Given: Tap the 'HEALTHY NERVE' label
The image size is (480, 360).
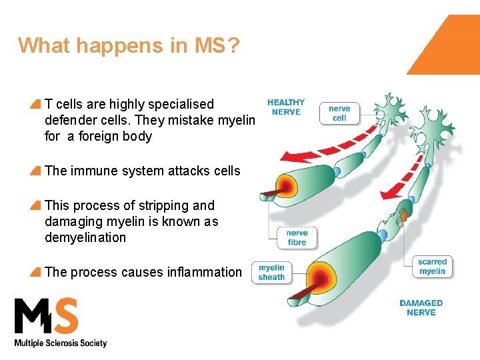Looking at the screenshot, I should [x=286, y=107].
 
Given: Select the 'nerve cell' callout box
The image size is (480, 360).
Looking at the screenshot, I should [x=339, y=113].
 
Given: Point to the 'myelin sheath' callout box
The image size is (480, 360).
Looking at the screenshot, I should [x=271, y=273].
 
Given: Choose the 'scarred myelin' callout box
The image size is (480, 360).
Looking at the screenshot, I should [x=433, y=266].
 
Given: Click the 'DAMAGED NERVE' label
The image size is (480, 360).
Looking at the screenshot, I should [x=421, y=307].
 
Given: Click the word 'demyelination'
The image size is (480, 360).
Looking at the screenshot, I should [x=85, y=237].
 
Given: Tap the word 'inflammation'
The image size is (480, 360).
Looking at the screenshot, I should [x=205, y=272].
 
